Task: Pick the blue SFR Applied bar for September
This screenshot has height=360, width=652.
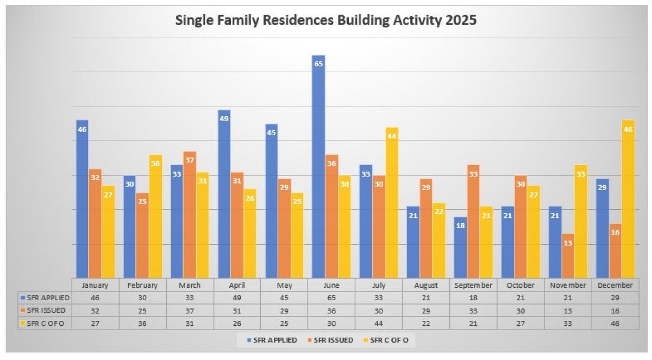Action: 460,248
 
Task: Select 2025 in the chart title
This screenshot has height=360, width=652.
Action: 461,21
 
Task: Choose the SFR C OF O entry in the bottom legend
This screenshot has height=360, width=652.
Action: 393,340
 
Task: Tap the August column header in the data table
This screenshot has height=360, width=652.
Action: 426,285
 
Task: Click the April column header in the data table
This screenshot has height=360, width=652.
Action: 236,285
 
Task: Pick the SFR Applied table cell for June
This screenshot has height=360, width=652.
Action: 331,298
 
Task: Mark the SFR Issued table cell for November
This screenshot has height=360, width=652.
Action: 568,310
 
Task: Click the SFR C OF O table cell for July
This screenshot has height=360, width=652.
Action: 379,323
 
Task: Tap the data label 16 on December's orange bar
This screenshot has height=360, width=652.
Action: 615,232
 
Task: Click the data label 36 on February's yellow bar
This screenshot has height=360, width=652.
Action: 155,164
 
